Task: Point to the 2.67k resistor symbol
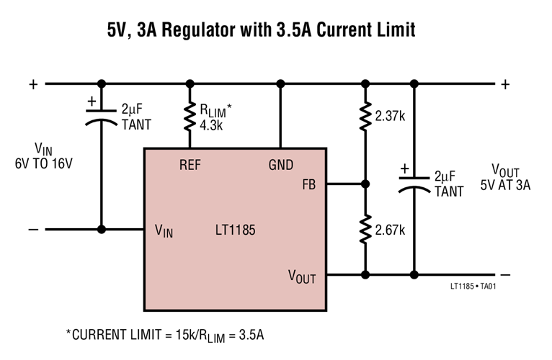click(365, 230)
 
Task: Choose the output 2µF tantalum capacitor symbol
click(414, 184)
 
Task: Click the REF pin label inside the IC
click(190, 165)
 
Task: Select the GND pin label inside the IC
click(281, 165)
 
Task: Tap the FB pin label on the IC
click(309, 184)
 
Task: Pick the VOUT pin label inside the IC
click(302, 276)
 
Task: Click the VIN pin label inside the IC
click(164, 230)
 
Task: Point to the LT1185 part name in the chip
click(235, 230)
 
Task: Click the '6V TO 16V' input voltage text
click(44, 163)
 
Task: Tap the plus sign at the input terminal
click(32, 84)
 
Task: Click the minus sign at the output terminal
click(505, 274)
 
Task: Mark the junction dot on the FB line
click(365, 184)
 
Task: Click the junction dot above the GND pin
click(281, 84)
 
